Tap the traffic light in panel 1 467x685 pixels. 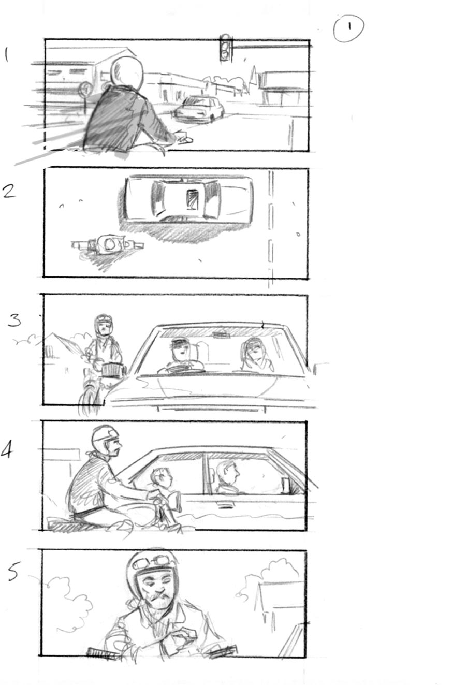[225, 48]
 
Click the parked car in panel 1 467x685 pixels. [200, 109]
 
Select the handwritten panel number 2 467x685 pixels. [9, 191]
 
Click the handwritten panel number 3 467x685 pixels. [15, 320]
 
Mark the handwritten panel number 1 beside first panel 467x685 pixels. [6, 55]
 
